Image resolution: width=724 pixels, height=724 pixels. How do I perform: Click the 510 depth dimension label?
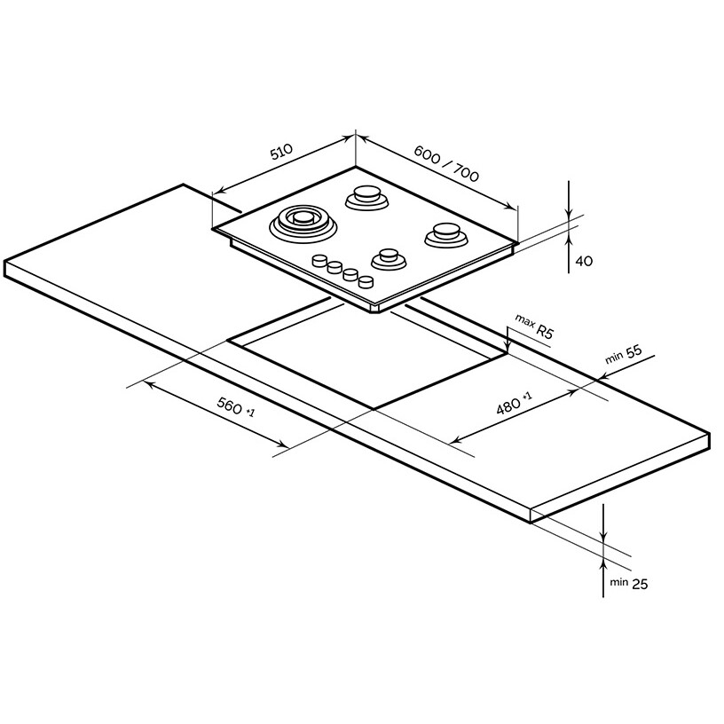coord(281,152)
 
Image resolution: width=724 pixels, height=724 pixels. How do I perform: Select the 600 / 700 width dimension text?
coord(446,163)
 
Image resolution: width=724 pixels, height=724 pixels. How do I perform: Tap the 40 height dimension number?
coord(584,261)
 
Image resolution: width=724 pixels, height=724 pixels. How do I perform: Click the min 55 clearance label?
coord(624,354)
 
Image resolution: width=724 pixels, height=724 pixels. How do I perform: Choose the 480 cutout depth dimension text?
coord(514,404)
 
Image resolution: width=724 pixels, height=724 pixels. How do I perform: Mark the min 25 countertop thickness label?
coord(628,583)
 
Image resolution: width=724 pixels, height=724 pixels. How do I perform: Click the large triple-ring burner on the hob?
coord(303,223)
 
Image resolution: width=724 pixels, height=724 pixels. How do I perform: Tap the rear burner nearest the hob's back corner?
coord(367,197)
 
